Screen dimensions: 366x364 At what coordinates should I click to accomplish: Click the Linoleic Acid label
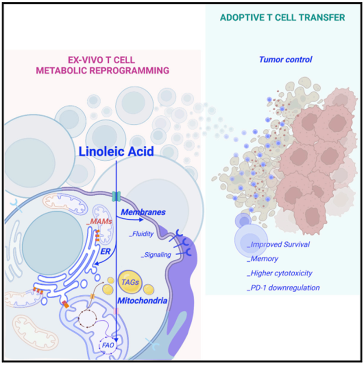pyautogui.click(x=117, y=152)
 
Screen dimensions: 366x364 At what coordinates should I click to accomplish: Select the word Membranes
pyautogui.click(x=143, y=212)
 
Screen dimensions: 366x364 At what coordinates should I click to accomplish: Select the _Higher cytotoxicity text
pyautogui.click(x=279, y=273)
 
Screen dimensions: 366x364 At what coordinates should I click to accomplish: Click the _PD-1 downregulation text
pyautogui.click(x=283, y=288)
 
